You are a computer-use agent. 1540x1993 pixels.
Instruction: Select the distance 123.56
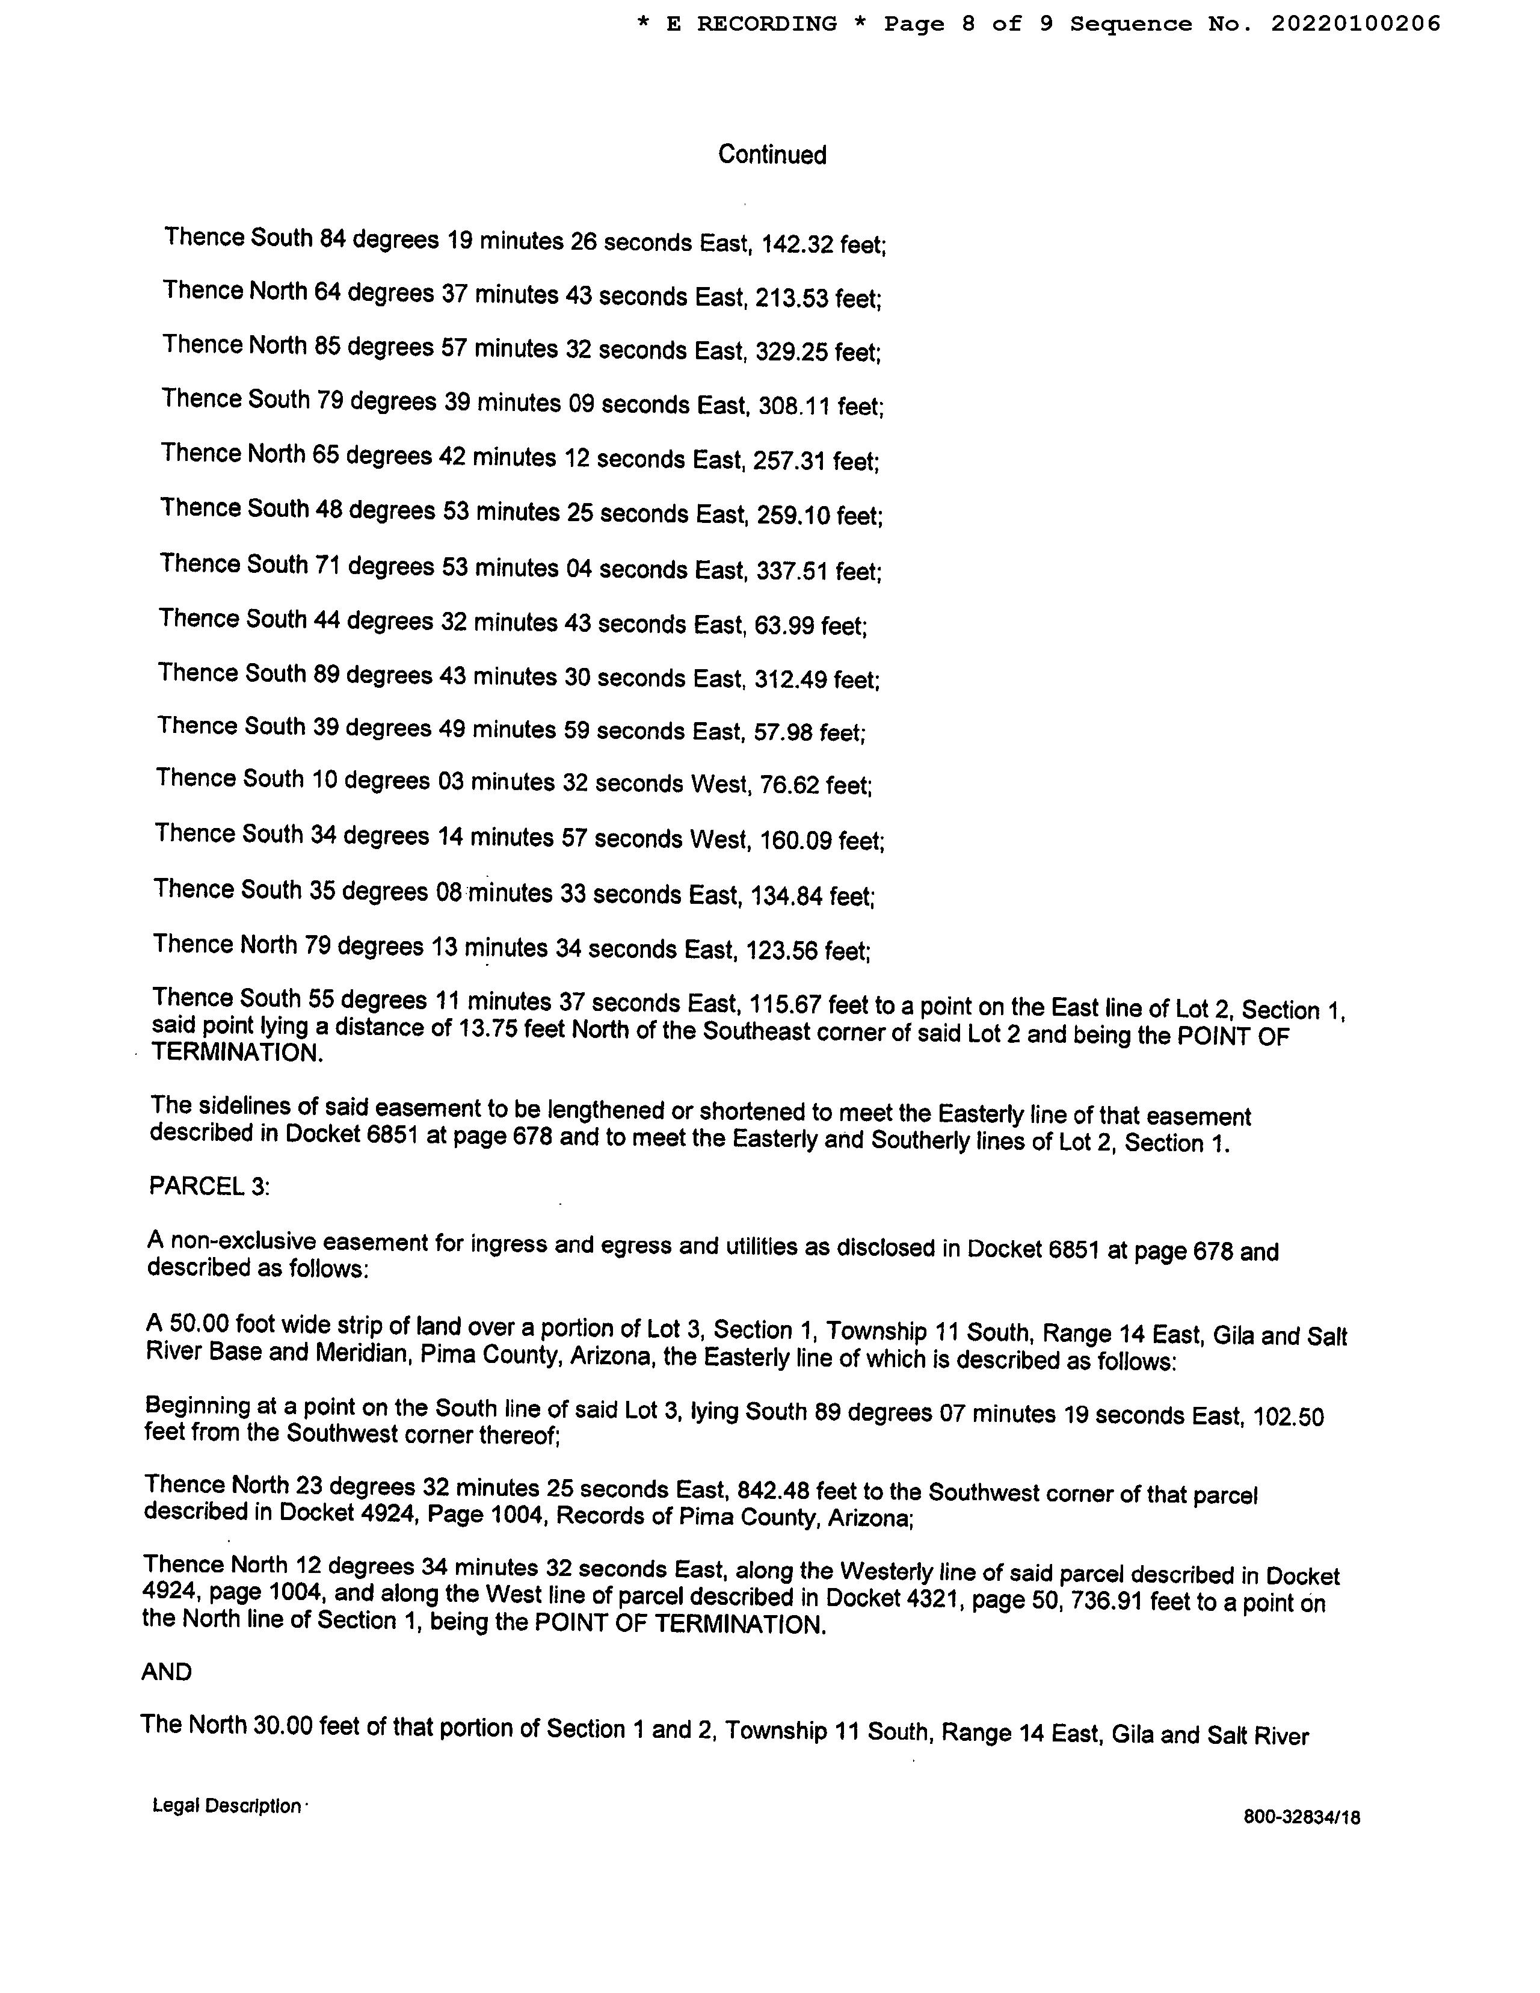782,951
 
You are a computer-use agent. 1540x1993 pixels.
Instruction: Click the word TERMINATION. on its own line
237,1052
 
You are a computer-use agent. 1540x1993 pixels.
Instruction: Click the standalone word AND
167,1672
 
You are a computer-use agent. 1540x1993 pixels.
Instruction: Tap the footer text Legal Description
226,1805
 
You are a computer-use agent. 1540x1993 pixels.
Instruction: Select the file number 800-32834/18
1301,1817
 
